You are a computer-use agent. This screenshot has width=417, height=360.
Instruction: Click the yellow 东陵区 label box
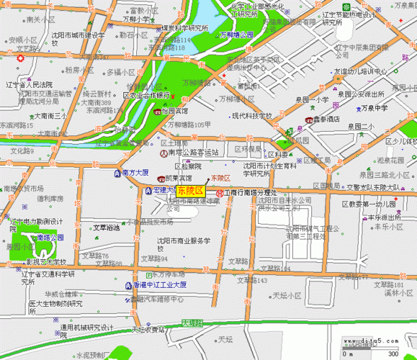190,191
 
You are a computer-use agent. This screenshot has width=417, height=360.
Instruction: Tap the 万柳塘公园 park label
237,34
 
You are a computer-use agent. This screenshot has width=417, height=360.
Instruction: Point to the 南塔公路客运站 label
193,153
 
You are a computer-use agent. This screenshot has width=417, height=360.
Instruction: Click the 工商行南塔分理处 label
251,193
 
